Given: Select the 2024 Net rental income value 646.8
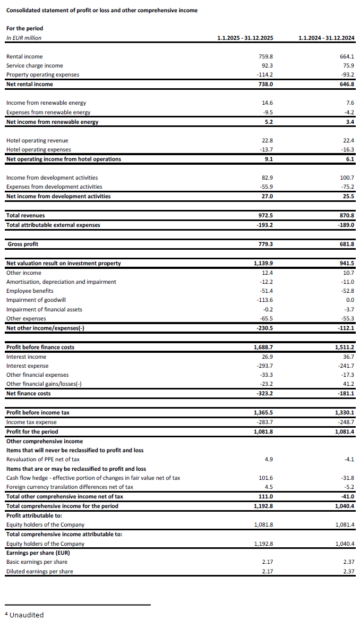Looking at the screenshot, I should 347,84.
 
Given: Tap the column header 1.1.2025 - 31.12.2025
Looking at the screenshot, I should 245,38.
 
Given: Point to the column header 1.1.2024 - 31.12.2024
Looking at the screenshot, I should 327,38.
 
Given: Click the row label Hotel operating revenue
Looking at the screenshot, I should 37,140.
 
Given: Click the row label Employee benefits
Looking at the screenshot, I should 30,291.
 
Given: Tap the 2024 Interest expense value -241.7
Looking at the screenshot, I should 346,366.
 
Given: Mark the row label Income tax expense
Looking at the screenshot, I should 31,422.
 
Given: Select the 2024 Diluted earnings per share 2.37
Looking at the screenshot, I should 348,571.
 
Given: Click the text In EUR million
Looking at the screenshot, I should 23,38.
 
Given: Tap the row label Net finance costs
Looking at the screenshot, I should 29,393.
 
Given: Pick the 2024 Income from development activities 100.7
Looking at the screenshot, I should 346,177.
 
